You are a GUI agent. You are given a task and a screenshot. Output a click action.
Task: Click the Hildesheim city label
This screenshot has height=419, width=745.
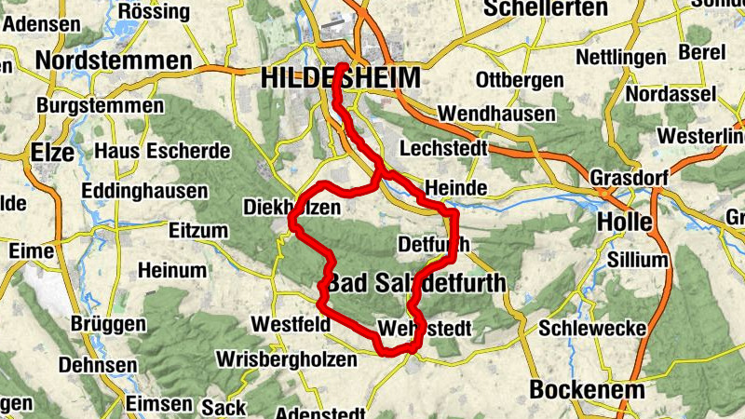click(x=341, y=78)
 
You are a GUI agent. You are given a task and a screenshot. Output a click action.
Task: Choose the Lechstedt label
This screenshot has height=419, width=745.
click(x=444, y=149)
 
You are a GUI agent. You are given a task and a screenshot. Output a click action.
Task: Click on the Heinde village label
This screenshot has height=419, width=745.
click(x=455, y=188)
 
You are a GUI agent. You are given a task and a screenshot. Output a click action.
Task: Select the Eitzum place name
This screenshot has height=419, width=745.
click(x=198, y=229)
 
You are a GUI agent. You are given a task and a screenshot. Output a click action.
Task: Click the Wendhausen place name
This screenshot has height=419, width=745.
click(x=495, y=113)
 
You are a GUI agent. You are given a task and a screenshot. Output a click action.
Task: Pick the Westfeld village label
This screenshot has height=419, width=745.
click(x=291, y=325)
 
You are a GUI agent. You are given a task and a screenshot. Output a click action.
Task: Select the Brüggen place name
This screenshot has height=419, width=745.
click(x=108, y=325)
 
